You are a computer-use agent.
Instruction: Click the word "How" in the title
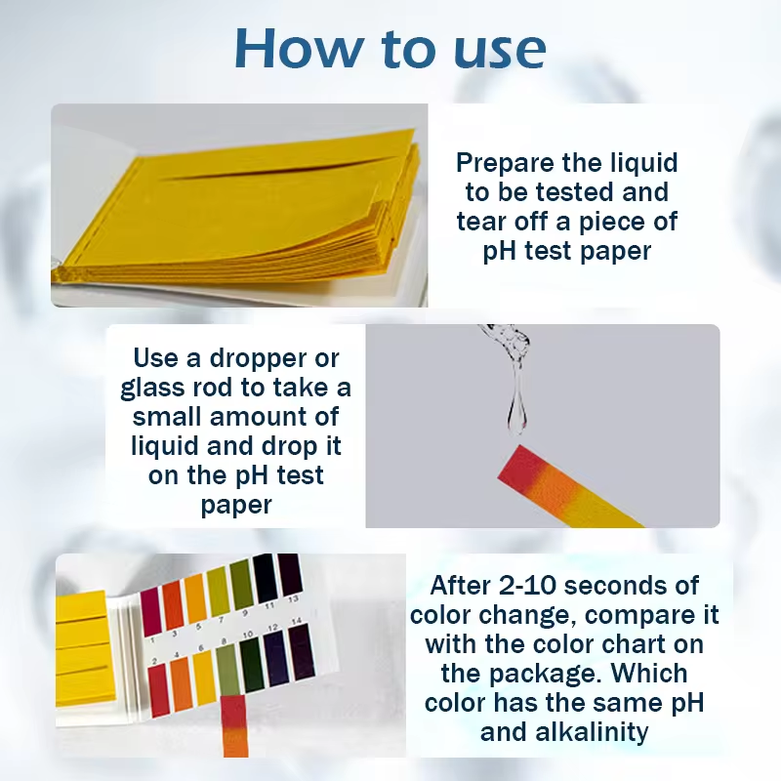click(299, 48)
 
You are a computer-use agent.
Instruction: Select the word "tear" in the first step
click(481, 222)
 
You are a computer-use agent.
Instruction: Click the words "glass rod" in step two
click(175, 389)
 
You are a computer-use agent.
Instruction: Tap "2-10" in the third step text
click(527, 585)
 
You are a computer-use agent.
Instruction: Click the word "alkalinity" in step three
click(592, 731)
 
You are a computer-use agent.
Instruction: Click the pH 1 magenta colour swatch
click(150, 612)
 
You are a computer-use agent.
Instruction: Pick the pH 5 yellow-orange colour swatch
click(196, 597)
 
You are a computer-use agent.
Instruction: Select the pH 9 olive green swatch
click(241, 584)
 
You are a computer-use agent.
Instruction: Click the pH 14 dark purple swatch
click(302, 652)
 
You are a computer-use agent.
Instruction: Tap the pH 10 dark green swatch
click(252, 666)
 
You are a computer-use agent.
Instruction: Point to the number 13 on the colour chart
click(293, 598)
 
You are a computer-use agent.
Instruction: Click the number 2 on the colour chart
click(154, 661)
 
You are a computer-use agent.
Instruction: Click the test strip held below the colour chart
click(234, 725)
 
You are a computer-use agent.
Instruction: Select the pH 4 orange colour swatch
click(181, 684)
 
